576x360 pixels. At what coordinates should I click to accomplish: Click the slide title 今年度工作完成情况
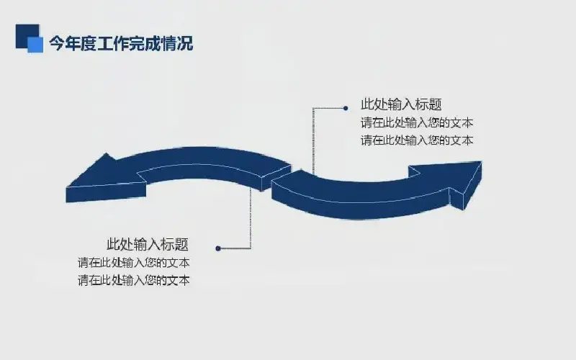(121, 43)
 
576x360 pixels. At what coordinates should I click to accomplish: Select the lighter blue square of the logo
(35, 45)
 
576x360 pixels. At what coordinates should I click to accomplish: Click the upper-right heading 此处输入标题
(401, 104)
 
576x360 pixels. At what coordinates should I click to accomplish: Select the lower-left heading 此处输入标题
(148, 244)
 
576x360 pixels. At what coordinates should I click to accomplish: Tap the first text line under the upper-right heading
(417, 122)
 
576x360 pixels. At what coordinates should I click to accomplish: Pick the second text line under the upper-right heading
(417, 140)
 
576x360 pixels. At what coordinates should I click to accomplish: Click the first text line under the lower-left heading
(134, 263)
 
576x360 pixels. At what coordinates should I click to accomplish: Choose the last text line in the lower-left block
(134, 280)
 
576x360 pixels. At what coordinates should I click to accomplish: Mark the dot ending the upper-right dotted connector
(346, 108)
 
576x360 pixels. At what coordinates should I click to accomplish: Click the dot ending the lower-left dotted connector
(218, 248)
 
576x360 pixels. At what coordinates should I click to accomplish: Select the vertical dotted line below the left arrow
(251, 218)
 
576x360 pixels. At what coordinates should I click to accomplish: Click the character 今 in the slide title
(57, 43)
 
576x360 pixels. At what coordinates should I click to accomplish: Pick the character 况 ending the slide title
(186, 43)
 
